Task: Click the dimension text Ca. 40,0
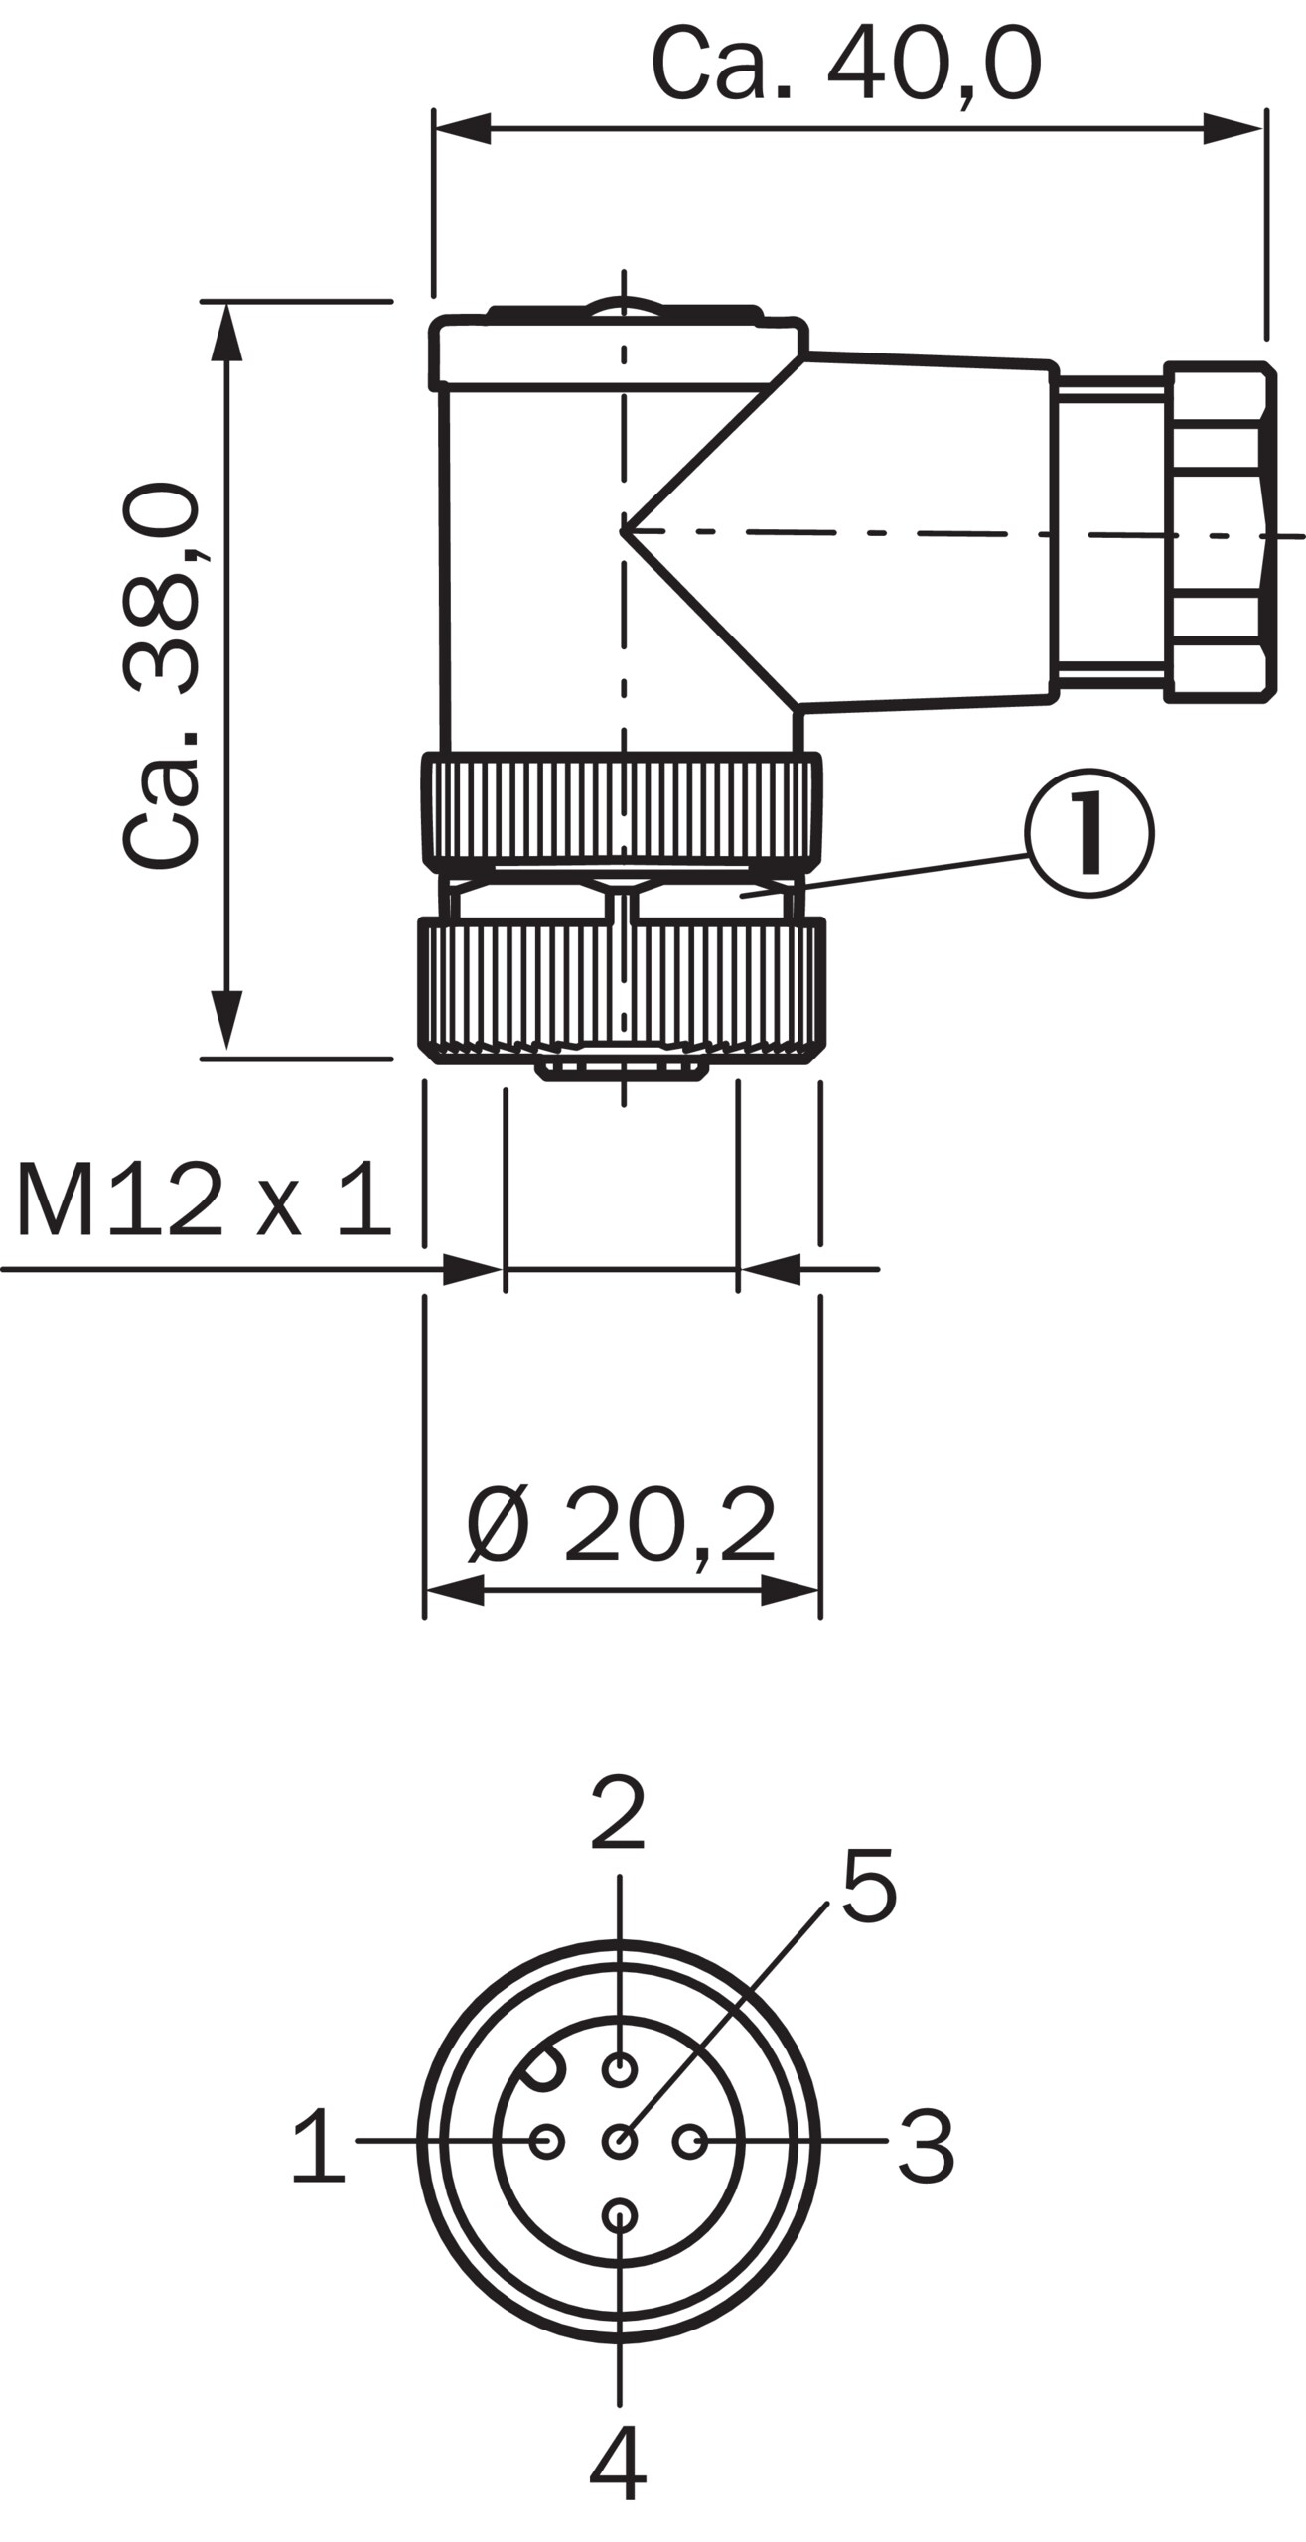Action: (x=846, y=65)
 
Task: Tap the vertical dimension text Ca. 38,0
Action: (x=161, y=675)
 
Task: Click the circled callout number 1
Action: (x=1089, y=833)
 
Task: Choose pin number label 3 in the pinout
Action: (x=927, y=2147)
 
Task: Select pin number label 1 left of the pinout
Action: (x=319, y=2145)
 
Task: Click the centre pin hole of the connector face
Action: (x=620, y=2142)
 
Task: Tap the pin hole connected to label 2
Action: (x=620, y=2069)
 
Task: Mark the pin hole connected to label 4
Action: (x=620, y=2215)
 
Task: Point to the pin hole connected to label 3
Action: (x=690, y=2142)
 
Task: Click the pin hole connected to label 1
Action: (x=547, y=2141)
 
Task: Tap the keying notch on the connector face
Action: (x=544, y=2066)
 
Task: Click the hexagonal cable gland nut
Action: (x=1220, y=533)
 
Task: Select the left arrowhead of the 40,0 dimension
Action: (x=463, y=128)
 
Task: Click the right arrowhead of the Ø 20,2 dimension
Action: (x=791, y=1590)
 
